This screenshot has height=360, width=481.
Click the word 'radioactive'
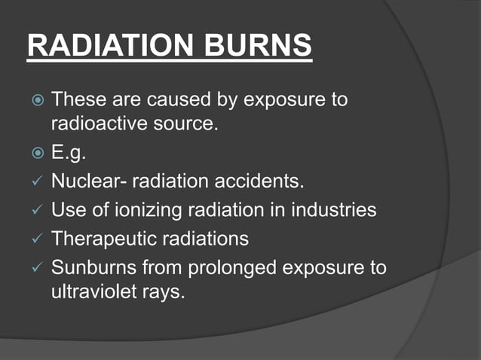pyautogui.click(x=93, y=123)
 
